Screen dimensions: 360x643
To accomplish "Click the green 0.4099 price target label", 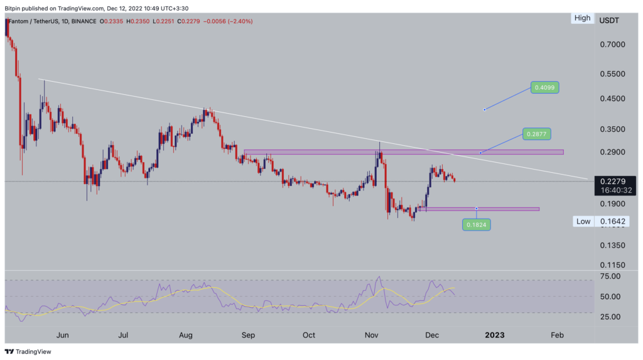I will pyautogui.click(x=544, y=87).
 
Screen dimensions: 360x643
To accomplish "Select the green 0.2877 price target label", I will pyautogui.click(x=536, y=134).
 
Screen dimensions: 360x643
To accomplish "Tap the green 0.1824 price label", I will pyautogui.click(x=477, y=224).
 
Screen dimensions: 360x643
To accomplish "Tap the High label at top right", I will pyautogui.click(x=582, y=18).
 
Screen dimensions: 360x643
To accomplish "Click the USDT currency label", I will pyautogui.click(x=609, y=20).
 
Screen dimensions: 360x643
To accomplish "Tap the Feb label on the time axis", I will pyautogui.click(x=556, y=335).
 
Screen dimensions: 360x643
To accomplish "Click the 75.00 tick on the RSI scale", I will pyautogui.click(x=610, y=276).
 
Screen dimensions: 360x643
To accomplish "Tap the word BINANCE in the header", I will pyautogui.click(x=83, y=20).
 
